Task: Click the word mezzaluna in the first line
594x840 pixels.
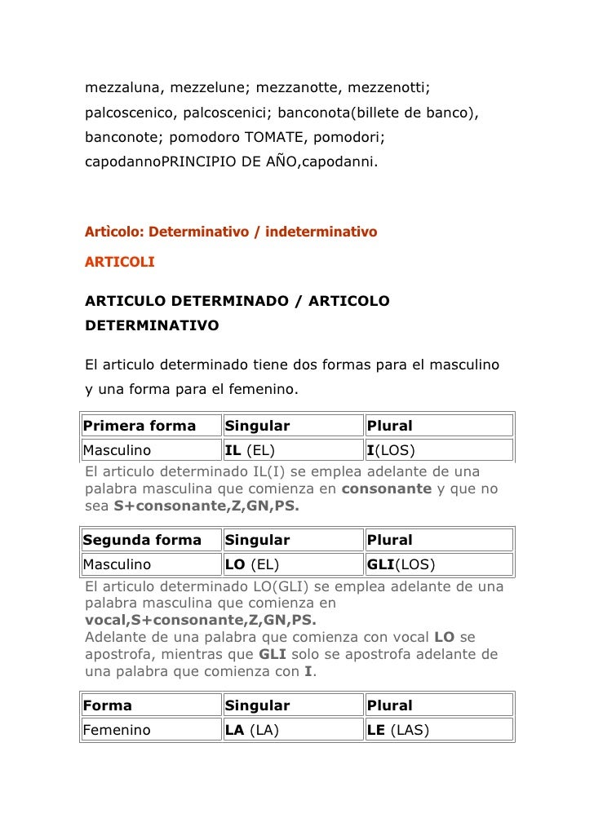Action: click(x=122, y=86)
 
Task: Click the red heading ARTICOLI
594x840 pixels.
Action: click(x=119, y=263)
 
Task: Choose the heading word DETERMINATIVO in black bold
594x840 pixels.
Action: click(x=152, y=325)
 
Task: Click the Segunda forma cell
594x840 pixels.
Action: click(x=143, y=540)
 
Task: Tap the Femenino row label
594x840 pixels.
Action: click(x=117, y=730)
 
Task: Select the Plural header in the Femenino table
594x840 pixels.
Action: click(x=390, y=705)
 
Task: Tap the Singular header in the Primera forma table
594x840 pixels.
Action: click(x=257, y=426)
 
